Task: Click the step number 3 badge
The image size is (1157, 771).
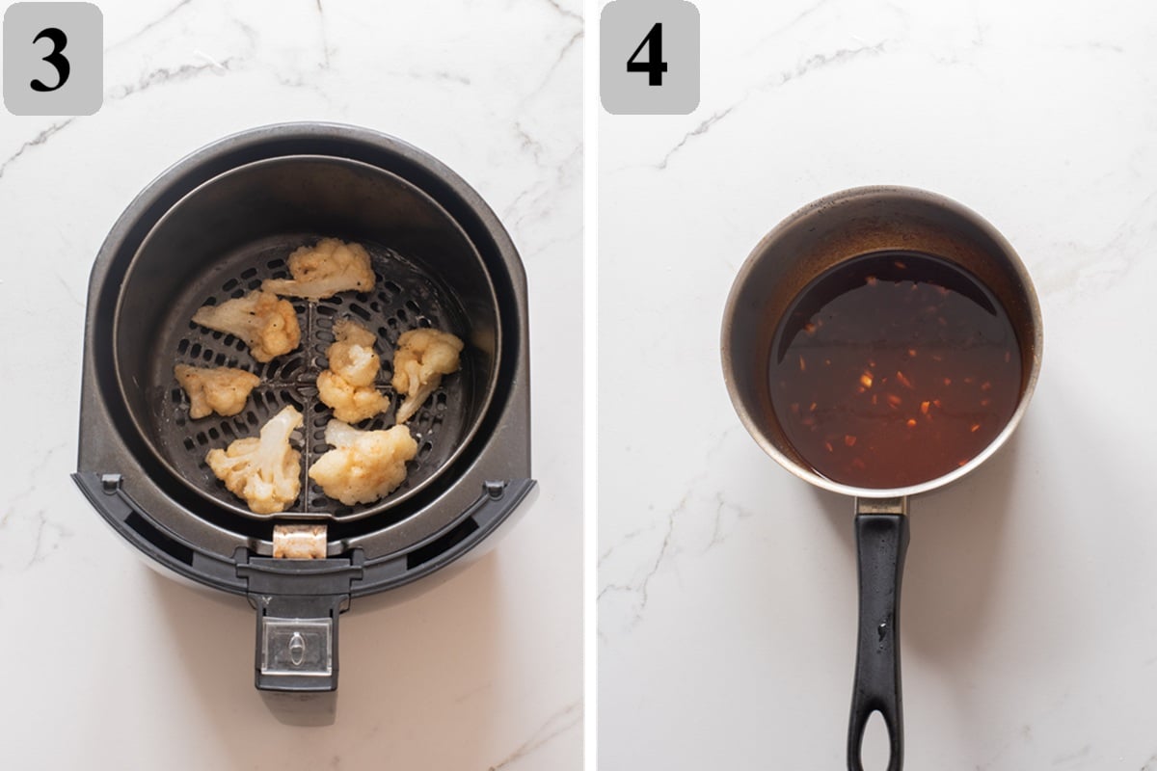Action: click(52, 59)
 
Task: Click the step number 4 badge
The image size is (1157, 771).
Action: click(649, 58)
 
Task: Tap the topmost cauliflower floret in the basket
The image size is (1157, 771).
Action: click(324, 268)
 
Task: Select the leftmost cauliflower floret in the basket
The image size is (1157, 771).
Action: click(216, 388)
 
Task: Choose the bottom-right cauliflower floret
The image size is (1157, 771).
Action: click(364, 461)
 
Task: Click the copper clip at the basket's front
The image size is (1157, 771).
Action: click(299, 541)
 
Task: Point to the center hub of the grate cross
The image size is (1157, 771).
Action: click(307, 380)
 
